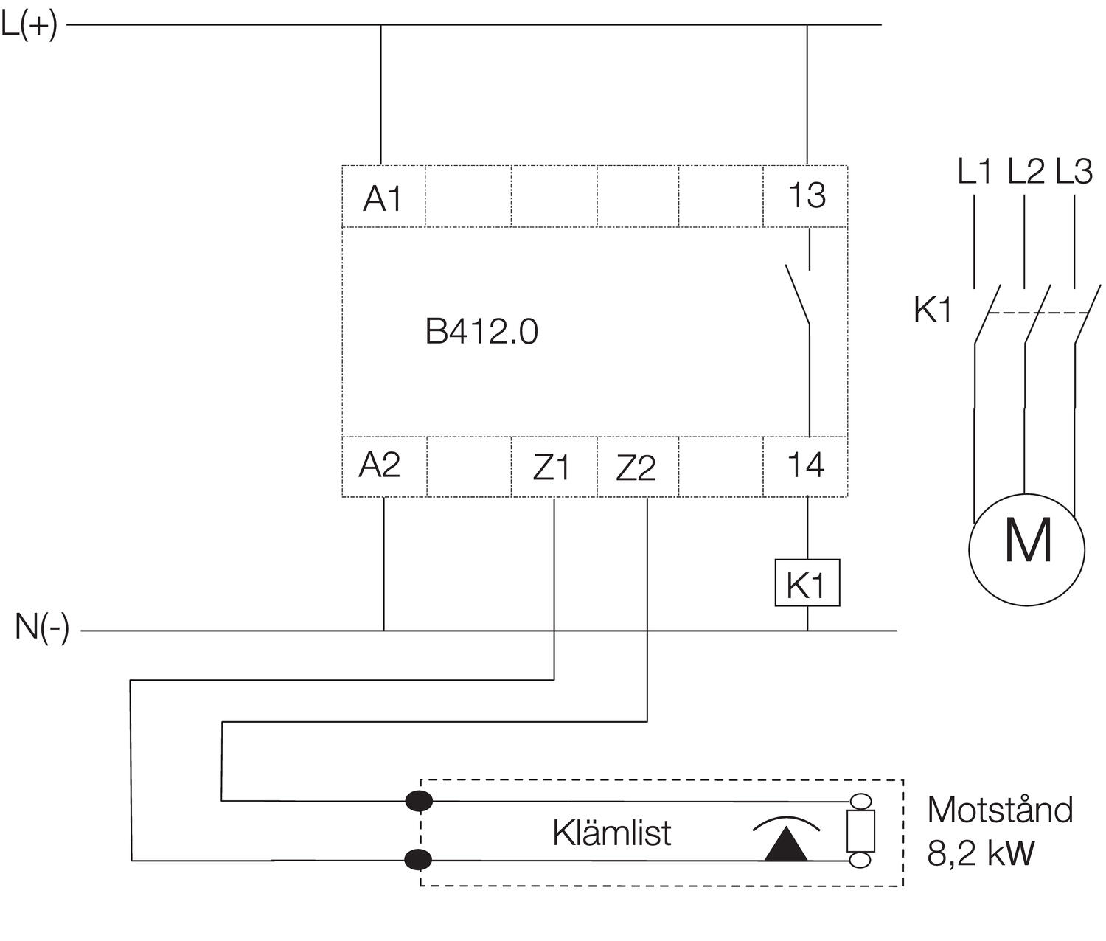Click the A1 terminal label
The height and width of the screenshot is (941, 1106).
point(383,198)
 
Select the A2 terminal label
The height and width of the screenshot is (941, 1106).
point(380,465)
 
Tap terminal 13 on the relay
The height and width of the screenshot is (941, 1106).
point(807,195)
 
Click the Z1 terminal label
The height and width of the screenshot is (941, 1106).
point(552,467)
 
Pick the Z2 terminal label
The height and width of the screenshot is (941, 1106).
point(636,467)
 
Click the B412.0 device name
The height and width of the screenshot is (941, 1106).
point(481,331)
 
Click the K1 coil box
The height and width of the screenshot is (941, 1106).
point(807,584)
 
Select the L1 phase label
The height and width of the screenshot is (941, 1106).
point(975,171)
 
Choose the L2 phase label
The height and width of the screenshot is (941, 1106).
point(1026,171)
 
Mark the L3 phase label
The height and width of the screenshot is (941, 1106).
point(1074,171)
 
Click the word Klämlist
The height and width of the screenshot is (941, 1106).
point(611,833)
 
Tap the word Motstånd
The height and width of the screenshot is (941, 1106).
point(1000,810)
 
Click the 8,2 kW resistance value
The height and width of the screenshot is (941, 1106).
point(981,853)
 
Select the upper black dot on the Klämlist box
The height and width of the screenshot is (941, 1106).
point(419,800)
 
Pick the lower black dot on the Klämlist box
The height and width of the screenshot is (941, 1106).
point(419,859)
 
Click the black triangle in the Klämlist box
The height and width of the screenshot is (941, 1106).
point(786,845)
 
